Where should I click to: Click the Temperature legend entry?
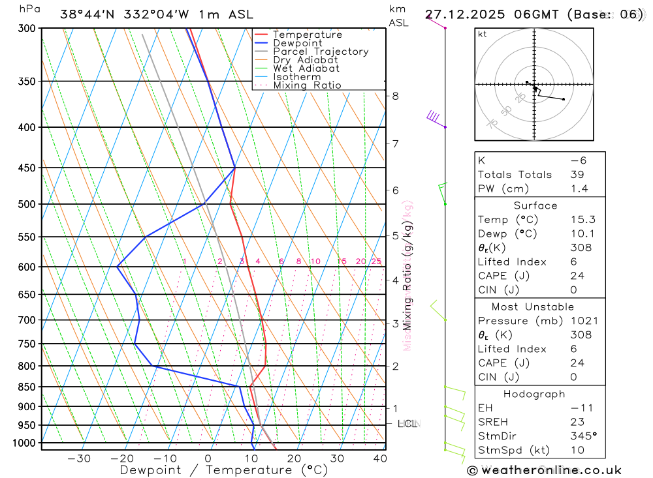(x=307, y=35)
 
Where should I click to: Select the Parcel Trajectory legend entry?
(x=321, y=52)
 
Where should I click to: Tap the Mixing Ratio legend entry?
(x=307, y=85)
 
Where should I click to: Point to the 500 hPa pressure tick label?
(x=27, y=204)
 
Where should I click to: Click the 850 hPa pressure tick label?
(x=27, y=387)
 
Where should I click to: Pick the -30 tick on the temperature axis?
(x=79, y=458)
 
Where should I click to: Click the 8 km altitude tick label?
(x=395, y=96)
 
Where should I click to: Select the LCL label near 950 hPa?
(x=407, y=424)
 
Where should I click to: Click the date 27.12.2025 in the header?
(x=460, y=14)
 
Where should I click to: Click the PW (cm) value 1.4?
(x=579, y=188)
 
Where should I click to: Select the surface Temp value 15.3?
(x=582, y=220)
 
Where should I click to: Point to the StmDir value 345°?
(x=583, y=436)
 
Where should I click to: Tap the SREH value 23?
(x=577, y=421)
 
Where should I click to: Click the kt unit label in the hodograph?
(x=483, y=34)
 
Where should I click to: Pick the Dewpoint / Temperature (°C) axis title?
(x=224, y=470)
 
